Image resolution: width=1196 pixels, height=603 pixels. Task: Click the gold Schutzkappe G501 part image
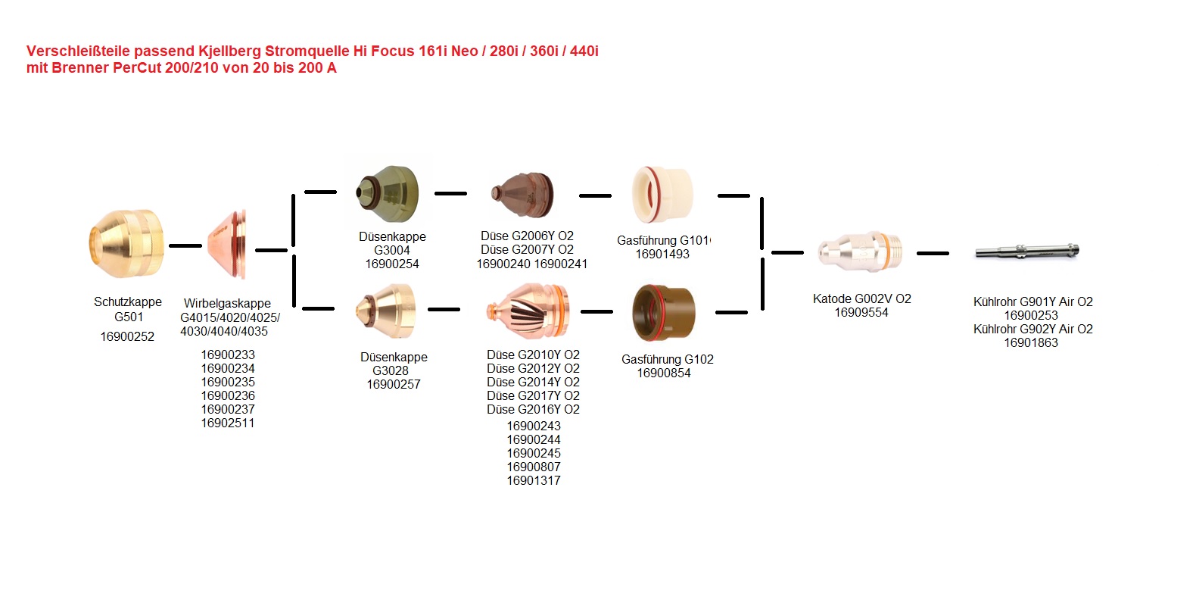126,244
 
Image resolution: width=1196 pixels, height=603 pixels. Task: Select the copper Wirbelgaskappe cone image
227,244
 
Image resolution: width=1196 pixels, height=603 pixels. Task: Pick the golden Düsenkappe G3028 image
385,311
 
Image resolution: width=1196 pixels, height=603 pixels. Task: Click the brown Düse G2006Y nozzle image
522,195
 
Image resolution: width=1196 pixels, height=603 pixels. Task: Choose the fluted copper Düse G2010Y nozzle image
528,311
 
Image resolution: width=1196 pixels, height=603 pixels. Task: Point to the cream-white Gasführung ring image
662,195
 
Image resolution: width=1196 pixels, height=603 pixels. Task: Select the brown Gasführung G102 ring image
664,313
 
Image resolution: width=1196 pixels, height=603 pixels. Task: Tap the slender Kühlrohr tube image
1027,251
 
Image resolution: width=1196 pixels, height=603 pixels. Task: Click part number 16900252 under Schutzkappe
127,336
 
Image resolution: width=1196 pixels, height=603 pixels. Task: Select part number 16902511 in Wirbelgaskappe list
227,423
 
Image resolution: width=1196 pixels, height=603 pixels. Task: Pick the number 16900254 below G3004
392,264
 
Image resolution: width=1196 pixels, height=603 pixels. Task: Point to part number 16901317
534,480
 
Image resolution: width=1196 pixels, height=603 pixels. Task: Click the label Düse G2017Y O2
533,395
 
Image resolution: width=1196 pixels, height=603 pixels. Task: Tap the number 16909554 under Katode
861,312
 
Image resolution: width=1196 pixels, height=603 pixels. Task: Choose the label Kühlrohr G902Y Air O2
1032,329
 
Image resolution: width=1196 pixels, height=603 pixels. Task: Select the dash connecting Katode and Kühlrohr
933,253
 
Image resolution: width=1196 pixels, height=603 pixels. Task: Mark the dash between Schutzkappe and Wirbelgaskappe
185,245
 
